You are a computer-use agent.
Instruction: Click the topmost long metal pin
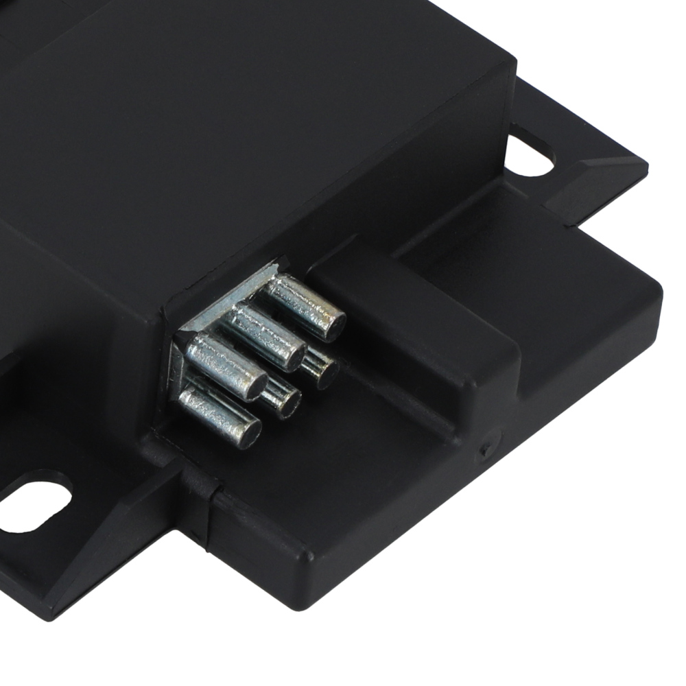pyautogui.click(x=305, y=307)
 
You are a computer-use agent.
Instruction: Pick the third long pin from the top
pyautogui.click(x=226, y=367)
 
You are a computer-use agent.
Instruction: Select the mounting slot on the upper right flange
pyautogui.click(x=529, y=154)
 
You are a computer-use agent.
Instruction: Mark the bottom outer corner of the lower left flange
pyautogui.click(x=51, y=617)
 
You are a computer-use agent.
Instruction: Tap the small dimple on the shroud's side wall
pyautogui.click(x=485, y=450)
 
